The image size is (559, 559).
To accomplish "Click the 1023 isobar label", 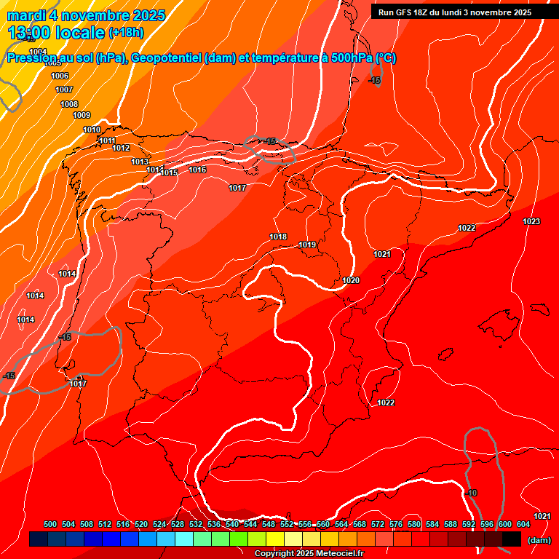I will [531, 221].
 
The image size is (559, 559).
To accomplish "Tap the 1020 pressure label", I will [351, 280].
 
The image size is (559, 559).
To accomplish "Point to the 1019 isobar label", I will [307, 245].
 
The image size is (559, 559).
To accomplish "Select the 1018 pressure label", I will [278, 237].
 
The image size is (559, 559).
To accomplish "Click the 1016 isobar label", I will [197, 170].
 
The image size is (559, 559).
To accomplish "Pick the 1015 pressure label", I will [170, 173].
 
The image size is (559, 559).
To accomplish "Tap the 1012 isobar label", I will [121, 148].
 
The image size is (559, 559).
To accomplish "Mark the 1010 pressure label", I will [92, 130].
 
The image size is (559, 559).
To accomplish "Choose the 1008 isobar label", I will [69, 104].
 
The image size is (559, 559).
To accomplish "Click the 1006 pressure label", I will [60, 76].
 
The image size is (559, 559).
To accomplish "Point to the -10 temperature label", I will [472, 493].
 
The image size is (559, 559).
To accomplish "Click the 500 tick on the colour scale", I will [50, 524].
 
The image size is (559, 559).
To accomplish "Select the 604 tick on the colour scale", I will [523, 524].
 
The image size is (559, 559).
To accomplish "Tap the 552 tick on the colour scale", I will [287, 524].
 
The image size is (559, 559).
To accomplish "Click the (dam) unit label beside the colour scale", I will [539, 540].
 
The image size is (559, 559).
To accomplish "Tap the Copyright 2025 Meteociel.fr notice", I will [309, 553].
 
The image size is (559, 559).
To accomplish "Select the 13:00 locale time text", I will [56, 32].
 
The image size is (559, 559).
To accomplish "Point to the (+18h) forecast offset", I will [126, 33].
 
